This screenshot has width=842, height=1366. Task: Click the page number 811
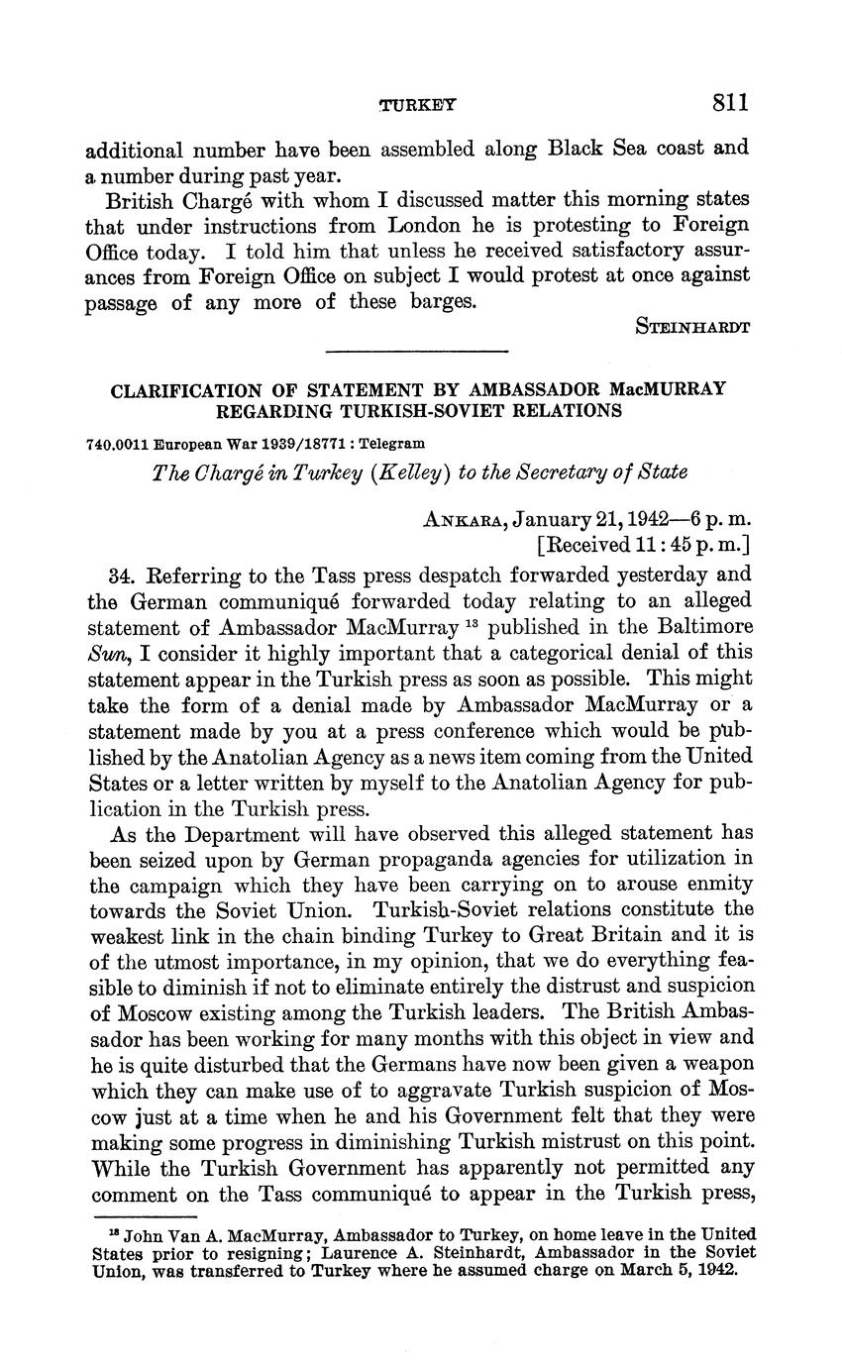pos(728,102)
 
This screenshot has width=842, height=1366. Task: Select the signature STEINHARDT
pos(692,326)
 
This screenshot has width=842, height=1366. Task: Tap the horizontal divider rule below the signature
pos(416,350)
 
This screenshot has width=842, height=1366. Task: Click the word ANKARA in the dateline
pos(456,518)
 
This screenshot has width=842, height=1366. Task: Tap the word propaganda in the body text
pos(377,858)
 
